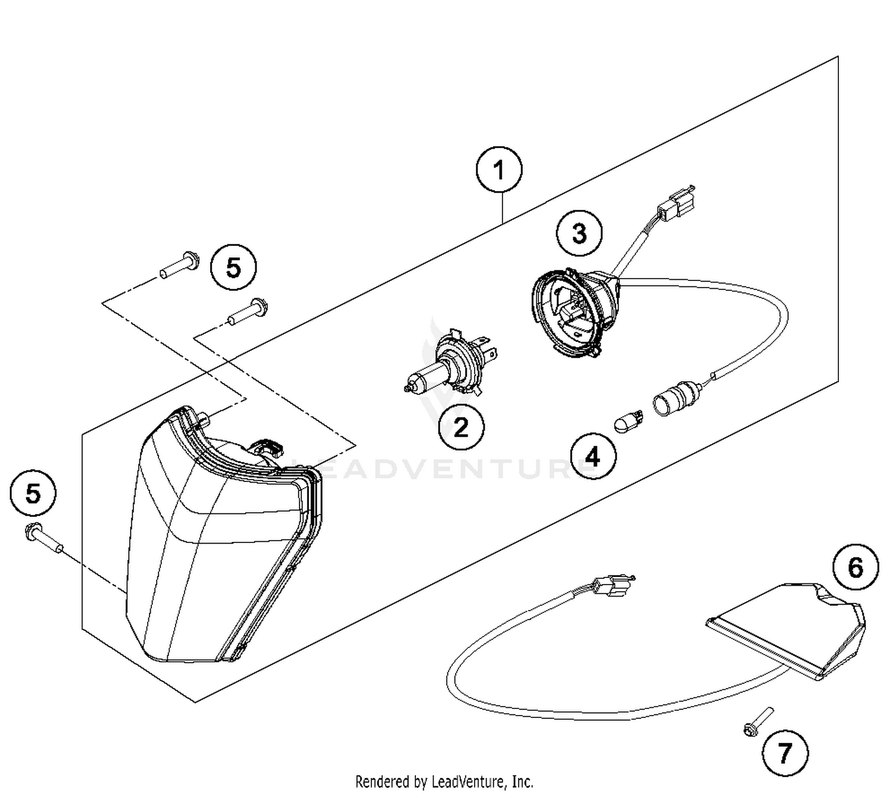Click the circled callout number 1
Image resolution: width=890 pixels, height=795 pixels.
pos(499,171)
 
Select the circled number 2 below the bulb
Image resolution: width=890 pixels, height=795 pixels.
pos(461,427)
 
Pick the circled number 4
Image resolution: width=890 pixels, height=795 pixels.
pos(593,457)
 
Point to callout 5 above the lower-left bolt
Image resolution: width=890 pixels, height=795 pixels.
pos(33,493)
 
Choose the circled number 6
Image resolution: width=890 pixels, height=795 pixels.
pos(855,567)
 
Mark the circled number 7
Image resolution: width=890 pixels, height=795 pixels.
pos(784,754)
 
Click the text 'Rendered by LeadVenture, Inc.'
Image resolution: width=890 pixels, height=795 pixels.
pos(444,781)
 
